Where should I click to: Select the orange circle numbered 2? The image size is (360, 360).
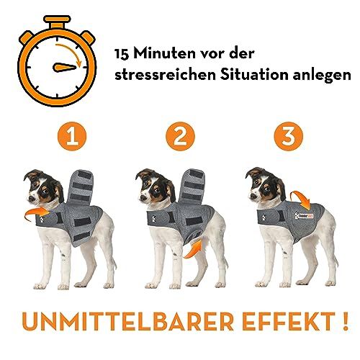click(x=178, y=137)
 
